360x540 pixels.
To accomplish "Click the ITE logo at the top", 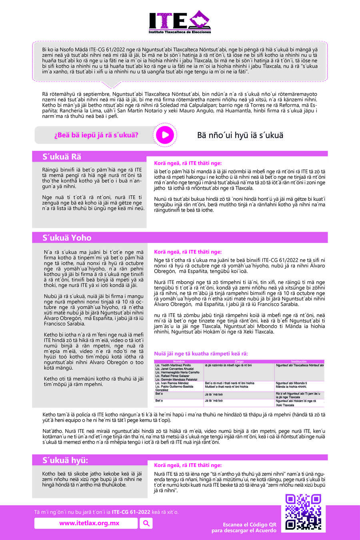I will tap(180, 20).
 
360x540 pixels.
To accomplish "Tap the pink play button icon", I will tap(164, 135).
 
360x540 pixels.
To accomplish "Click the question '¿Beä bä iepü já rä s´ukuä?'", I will tap(96, 135).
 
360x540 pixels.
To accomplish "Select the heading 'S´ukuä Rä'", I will tap(62, 157).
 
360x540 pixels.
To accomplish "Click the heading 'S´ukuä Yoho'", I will tap(67, 238).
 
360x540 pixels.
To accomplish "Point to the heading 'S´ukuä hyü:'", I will tap(65, 460).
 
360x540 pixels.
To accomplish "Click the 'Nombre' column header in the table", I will tap(179, 362).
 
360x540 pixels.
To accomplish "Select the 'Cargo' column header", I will tap(239, 362).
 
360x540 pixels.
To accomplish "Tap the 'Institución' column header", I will tap(299, 362).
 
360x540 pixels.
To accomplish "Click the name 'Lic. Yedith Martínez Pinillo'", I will tap(173, 365).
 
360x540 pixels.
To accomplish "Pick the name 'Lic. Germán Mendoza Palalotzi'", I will tap(176, 379).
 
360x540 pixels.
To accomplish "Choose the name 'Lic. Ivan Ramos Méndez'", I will tap(172, 383).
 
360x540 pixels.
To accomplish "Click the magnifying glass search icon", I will tap(146, 523).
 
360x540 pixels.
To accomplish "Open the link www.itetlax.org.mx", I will tap(89, 523).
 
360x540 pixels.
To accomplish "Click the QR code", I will tap(303, 512).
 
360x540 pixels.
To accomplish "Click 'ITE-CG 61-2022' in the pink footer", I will tap(131, 512).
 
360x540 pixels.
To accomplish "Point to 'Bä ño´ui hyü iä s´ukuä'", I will tap(240, 135).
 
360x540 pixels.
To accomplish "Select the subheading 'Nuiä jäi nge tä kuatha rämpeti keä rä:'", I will tap(201, 354).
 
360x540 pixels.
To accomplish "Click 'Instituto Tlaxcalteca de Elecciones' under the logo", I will tap(180, 32).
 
